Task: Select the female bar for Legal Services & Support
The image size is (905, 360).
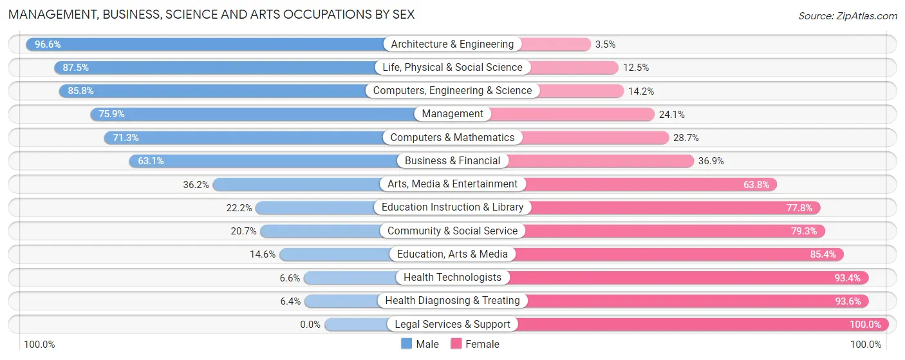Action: pyautogui.click(x=702, y=325)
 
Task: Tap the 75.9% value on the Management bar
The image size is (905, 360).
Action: pyautogui.click(x=111, y=114)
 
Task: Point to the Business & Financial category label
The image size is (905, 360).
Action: pyautogui.click(x=452, y=161)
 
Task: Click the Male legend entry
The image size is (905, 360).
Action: pyautogui.click(x=420, y=344)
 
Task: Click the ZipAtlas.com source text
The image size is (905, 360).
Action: pyautogui.click(x=847, y=15)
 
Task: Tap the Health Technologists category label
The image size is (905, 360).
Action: pyautogui.click(x=452, y=278)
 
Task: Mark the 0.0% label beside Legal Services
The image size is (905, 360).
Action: pyautogui.click(x=310, y=325)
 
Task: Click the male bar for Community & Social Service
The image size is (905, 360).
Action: pyautogui.click(x=322, y=231)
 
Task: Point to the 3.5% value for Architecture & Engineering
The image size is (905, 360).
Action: pyautogui.click(x=605, y=44)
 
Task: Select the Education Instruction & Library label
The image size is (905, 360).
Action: pyautogui.click(x=452, y=207)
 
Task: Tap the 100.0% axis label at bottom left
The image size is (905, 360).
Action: pyautogui.click(x=39, y=345)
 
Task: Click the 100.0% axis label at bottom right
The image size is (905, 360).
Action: pyautogui.click(x=865, y=345)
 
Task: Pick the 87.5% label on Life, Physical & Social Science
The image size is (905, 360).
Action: pyautogui.click(x=75, y=68)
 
